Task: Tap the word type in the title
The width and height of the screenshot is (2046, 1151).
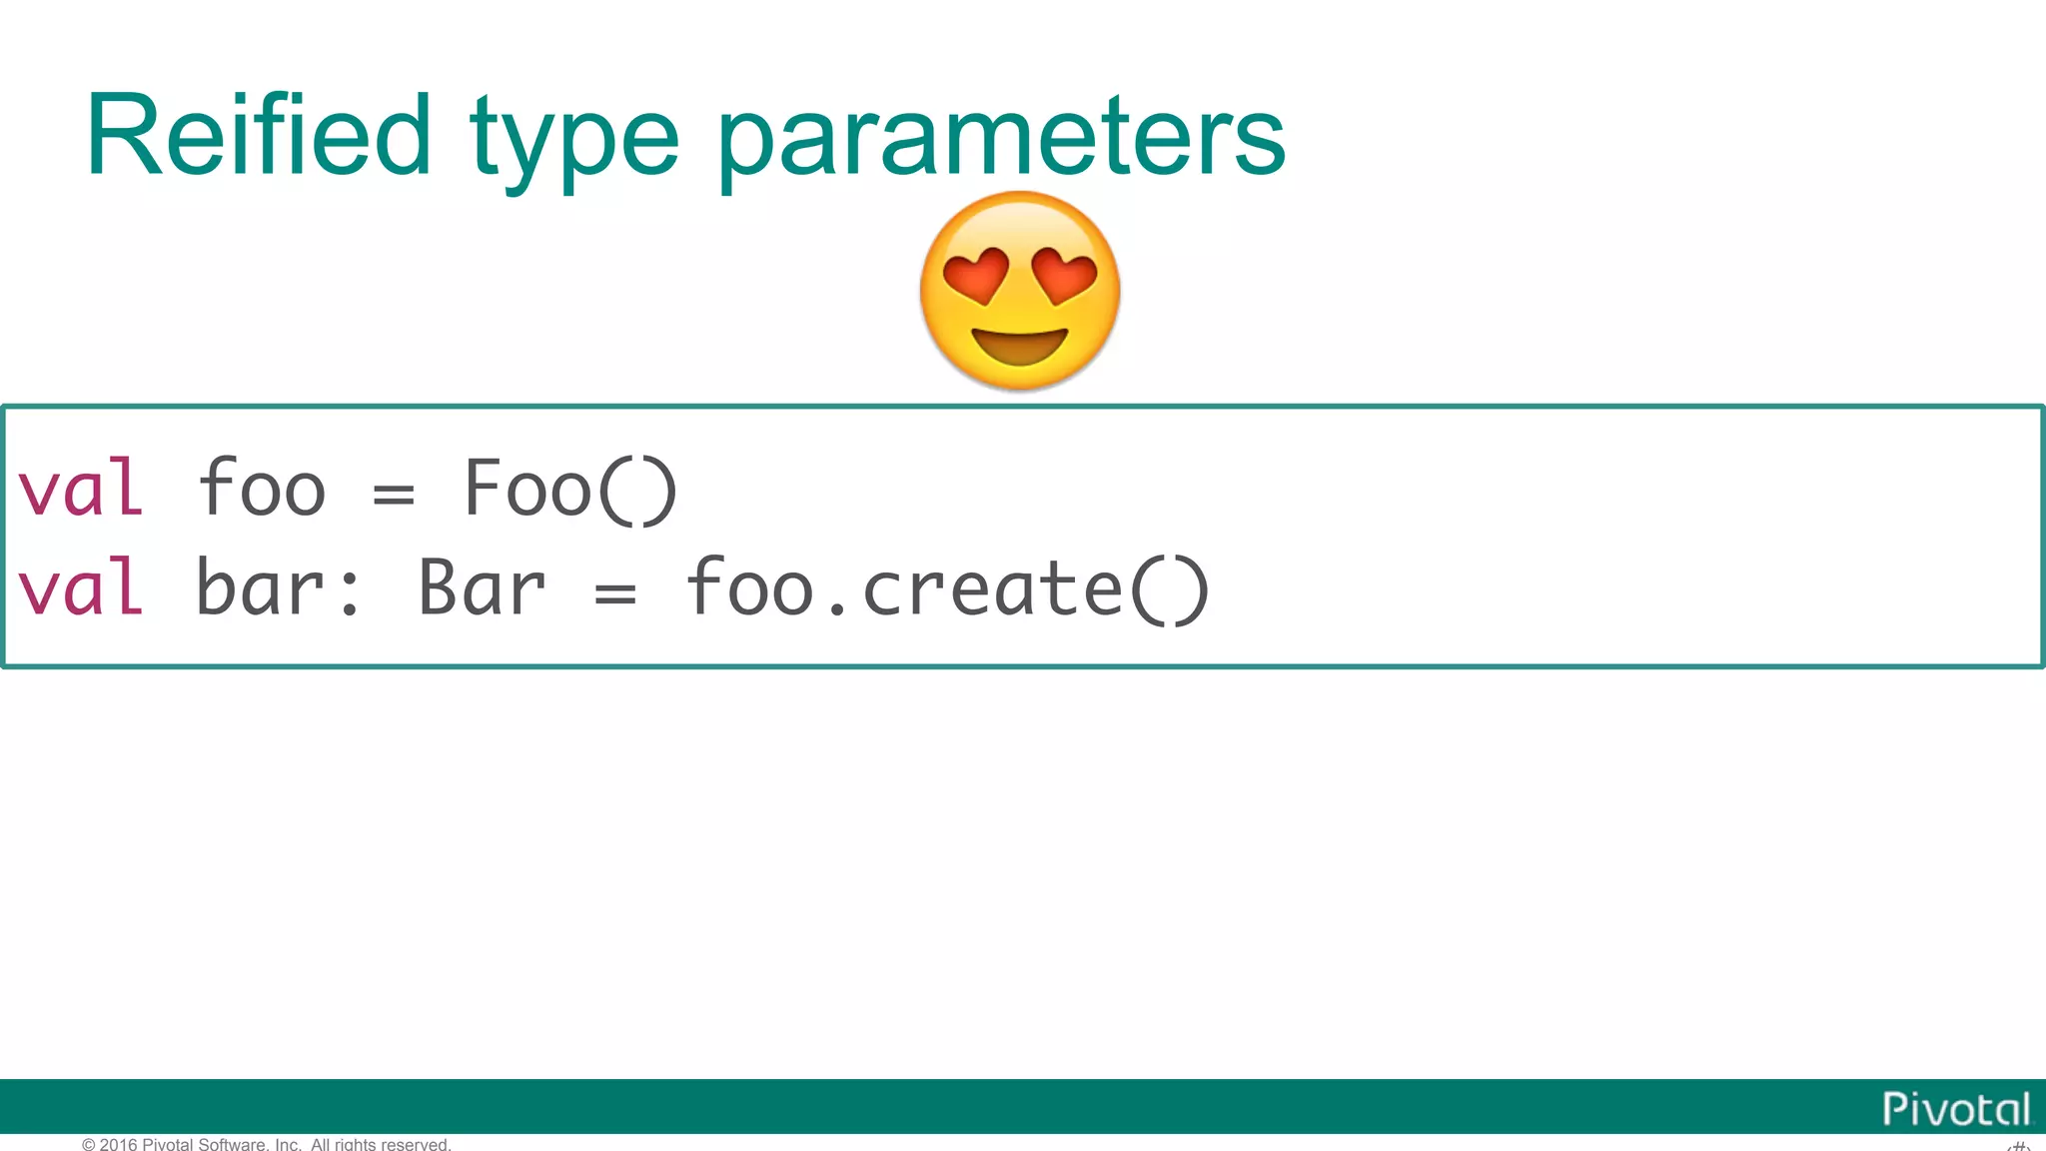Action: pos(574,140)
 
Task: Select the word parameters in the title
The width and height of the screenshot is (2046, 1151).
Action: pos(1001,140)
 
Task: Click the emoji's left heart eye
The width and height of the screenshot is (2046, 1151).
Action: pos(975,275)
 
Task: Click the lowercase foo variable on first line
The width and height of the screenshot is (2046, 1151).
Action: pos(262,489)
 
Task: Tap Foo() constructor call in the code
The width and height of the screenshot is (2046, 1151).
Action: pos(570,489)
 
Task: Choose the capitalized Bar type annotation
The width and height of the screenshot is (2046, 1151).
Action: pos(482,588)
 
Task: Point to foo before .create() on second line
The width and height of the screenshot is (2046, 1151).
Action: pos(749,588)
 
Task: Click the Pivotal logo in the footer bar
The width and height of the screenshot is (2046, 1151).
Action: pos(1955,1109)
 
